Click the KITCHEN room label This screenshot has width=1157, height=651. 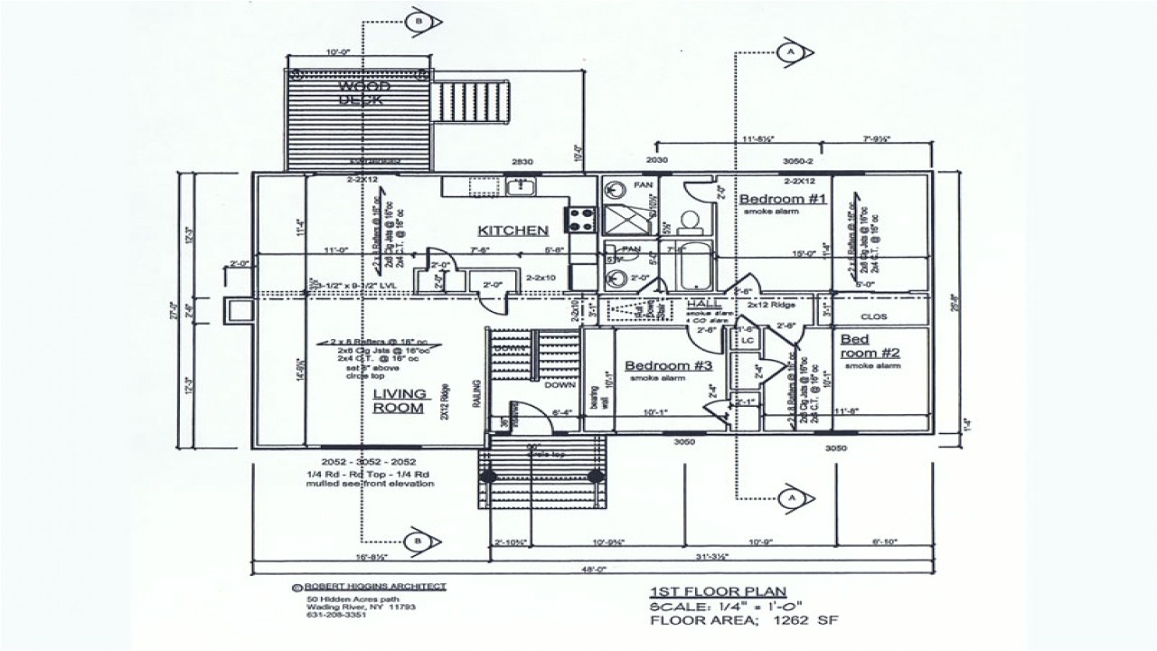pos(513,231)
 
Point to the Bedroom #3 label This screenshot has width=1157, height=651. pos(669,365)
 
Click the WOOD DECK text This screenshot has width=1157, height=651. pos(364,93)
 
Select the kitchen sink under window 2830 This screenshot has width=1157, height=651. pos(521,187)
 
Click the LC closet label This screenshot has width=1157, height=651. pos(747,340)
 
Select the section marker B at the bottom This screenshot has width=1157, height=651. pos(418,541)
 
